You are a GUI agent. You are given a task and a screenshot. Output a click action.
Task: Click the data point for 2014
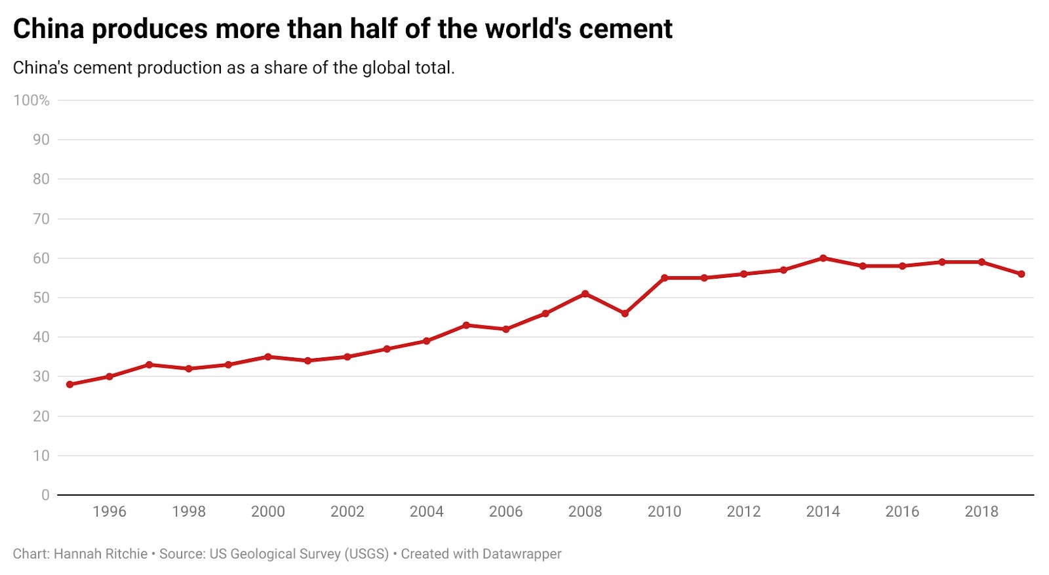click(823, 258)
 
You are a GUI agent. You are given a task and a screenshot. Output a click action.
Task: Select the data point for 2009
click(625, 313)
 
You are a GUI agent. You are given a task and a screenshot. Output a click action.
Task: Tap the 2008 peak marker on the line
click(585, 294)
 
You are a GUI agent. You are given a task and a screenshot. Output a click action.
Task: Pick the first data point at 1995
click(70, 384)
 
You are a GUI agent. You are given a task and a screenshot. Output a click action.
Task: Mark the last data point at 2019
click(1021, 274)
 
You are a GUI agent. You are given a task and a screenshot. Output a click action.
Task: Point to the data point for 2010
click(664, 278)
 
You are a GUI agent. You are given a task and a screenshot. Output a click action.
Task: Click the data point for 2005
click(466, 325)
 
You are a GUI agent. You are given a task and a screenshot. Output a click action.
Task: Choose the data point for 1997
click(149, 365)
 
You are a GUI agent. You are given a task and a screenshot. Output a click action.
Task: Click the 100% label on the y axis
click(31, 100)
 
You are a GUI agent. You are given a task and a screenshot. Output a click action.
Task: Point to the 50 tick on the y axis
click(41, 298)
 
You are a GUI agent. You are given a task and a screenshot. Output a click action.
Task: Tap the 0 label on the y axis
click(45, 495)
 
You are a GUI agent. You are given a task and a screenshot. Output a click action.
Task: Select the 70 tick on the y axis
click(41, 219)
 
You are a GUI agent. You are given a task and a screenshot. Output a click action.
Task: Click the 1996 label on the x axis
click(109, 511)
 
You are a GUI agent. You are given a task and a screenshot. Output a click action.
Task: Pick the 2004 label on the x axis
click(426, 511)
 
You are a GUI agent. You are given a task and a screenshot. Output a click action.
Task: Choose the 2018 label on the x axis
click(981, 511)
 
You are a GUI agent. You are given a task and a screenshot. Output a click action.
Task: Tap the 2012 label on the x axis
click(743, 511)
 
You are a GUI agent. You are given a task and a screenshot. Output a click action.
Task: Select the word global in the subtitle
click(386, 68)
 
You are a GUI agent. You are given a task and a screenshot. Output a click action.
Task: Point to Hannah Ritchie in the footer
click(100, 554)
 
